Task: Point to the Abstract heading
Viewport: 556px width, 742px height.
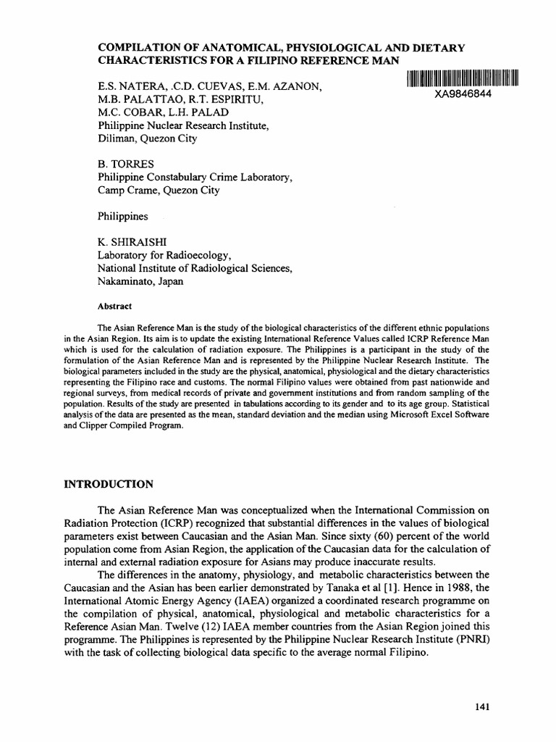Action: [114, 306]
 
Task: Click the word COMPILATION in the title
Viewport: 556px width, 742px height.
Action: [140, 48]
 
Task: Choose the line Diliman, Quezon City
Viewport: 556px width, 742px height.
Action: [147, 138]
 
